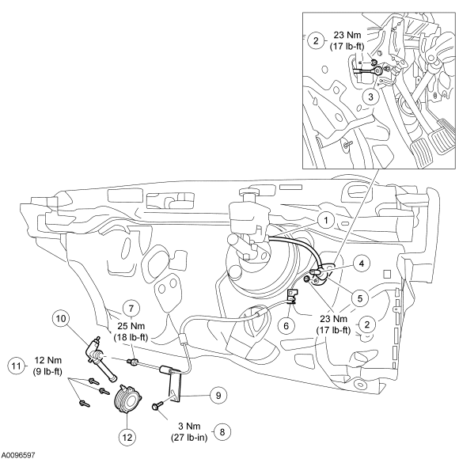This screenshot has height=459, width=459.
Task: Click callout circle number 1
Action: coord(326,220)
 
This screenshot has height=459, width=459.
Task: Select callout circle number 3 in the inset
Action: coord(370,97)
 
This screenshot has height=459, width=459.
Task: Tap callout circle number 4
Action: coord(362,264)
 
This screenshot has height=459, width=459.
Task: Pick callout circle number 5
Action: coord(360,298)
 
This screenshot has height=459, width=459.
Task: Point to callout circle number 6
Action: coord(286,325)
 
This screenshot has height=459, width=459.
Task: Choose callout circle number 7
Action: coord(131,309)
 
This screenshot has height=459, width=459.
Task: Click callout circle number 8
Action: coord(222,432)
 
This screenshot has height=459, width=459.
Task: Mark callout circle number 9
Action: coord(218,396)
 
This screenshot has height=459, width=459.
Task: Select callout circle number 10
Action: coord(61,318)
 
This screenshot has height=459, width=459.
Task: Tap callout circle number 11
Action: coord(16,366)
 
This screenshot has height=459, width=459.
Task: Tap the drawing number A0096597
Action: coord(18,455)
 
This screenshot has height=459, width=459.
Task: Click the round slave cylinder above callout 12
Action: coord(127,400)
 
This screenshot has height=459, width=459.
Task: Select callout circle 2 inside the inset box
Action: coord(316,40)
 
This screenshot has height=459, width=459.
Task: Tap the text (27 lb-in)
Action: coord(189,438)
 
